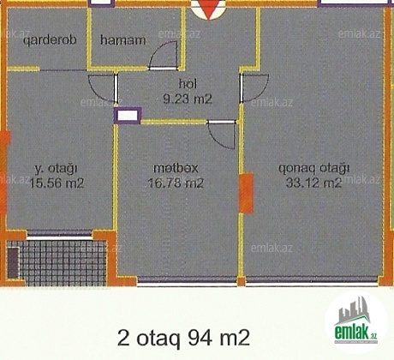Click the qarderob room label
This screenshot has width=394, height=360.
[50, 40]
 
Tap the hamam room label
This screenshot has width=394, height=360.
[122, 39]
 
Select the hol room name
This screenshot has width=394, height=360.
[188, 84]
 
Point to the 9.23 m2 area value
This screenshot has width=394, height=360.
[188, 99]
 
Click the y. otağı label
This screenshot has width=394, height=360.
[56, 169]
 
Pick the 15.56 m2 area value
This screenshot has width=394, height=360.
[57, 183]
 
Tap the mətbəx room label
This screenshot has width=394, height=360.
[176, 168]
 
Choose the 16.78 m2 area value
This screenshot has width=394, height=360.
[176, 183]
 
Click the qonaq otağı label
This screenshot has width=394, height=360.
[314, 168]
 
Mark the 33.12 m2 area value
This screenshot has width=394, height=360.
[313, 183]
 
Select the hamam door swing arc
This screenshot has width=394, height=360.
[163, 55]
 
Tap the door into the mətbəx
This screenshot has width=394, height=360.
[222, 135]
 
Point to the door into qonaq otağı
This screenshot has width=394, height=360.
[254, 87]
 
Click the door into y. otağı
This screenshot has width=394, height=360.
[103, 88]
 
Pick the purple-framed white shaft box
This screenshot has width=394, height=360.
[128, 116]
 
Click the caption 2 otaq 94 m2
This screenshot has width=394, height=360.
[183, 338]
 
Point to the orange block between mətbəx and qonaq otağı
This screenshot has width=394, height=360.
[246, 193]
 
